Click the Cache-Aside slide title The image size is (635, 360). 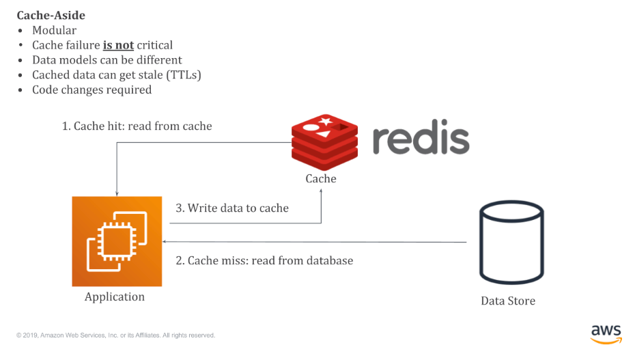point(51,16)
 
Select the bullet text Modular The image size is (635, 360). point(54,30)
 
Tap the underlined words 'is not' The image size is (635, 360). point(118,45)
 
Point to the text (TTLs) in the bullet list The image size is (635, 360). point(184,75)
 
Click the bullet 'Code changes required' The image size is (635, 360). point(92,90)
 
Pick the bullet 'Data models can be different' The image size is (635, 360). point(107,60)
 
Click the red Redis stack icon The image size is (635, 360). point(324,141)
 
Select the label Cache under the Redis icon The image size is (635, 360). point(321,178)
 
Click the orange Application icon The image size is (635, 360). point(117,241)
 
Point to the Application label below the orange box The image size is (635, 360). point(115,297)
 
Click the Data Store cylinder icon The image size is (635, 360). point(511,242)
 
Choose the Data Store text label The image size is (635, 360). point(508,301)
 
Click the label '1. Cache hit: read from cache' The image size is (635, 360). point(137,126)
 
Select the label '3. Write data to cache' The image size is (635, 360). point(232,208)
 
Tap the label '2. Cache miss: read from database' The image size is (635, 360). point(264,260)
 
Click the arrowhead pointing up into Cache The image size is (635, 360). point(321,191)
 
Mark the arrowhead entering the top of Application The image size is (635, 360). point(117,194)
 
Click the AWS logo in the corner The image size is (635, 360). point(606,335)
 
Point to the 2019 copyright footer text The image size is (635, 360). point(116,335)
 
